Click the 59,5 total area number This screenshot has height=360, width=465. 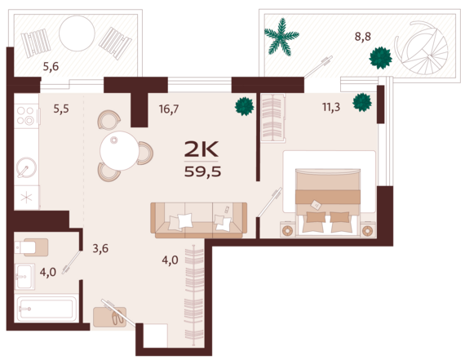click(x=203, y=171)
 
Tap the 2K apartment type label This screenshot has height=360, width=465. click(x=201, y=149)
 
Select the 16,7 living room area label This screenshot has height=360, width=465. click(x=169, y=109)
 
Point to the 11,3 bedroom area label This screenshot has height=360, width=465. click(x=331, y=107)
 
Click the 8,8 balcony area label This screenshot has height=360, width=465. click(x=363, y=37)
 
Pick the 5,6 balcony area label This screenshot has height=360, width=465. click(x=51, y=66)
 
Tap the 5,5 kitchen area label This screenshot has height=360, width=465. click(x=61, y=109)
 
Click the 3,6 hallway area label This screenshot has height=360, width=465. click(x=100, y=248)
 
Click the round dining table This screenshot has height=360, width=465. click(x=119, y=151)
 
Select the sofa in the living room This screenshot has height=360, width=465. click(x=199, y=220)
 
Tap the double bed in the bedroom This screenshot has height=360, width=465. click(x=328, y=202)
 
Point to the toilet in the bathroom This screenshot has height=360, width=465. click(x=32, y=247)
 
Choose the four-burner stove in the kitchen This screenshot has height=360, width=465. click(x=25, y=115)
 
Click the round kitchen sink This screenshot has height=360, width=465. click(x=26, y=167)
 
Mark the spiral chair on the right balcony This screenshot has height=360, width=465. click(x=422, y=47)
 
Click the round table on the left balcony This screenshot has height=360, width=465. click(x=77, y=33)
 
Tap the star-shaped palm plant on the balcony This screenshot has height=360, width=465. click(x=281, y=37)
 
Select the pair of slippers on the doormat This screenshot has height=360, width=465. click(x=117, y=317)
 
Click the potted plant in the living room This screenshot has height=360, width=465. click(x=245, y=106)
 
